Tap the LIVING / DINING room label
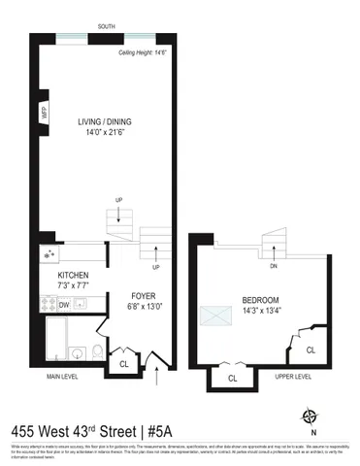click(x=104, y=122)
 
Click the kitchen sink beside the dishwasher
click(x=82, y=305)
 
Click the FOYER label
click(x=142, y=294)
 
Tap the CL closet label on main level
click(x=123, y=365)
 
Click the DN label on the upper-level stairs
click(x=275, y=266)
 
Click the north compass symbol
click(x=310, y=417)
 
